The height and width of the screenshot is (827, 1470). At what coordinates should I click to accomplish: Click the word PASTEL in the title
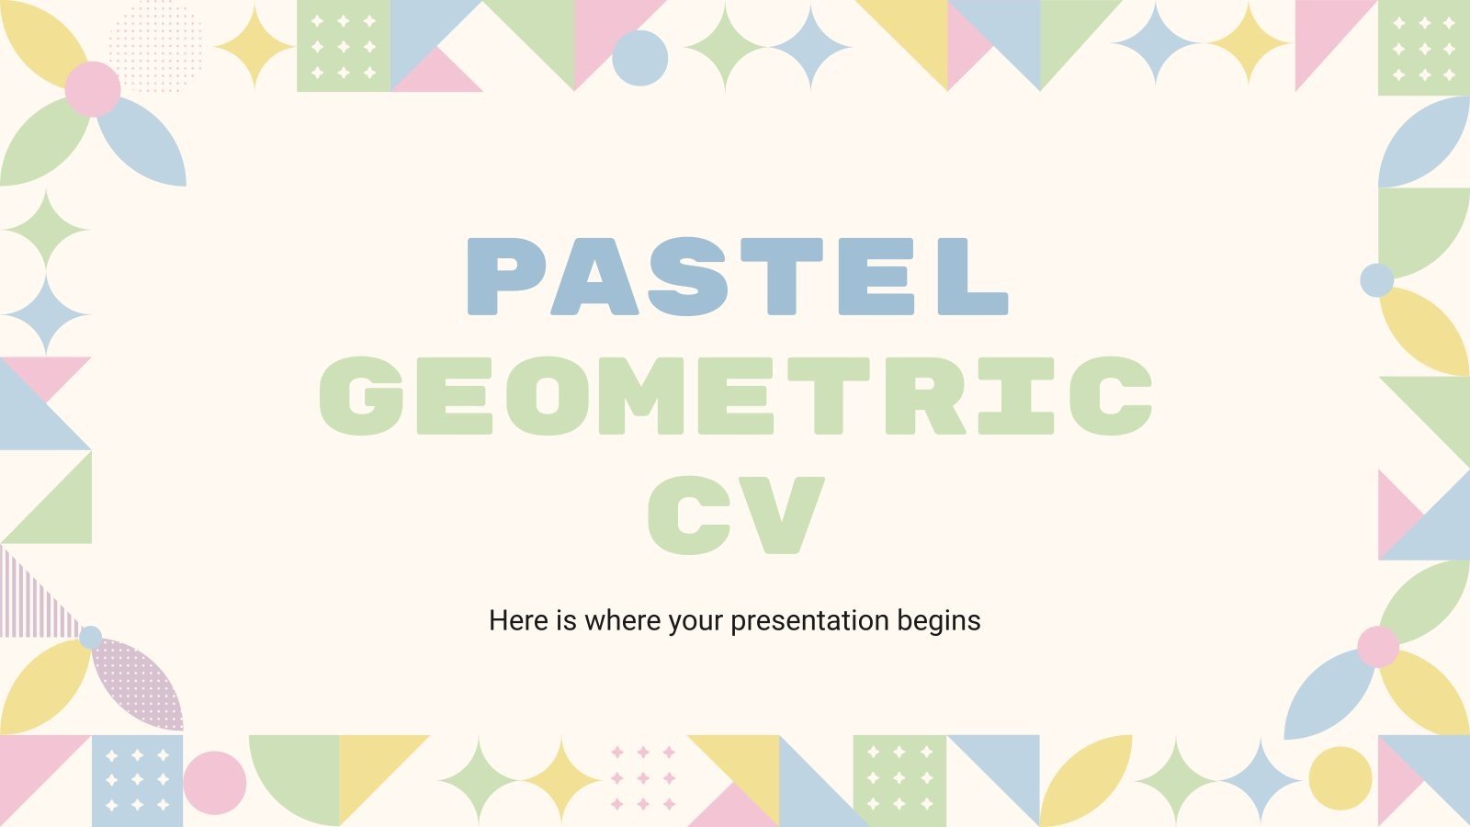[737, 277]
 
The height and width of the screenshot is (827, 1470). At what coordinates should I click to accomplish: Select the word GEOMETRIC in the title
[735, 395]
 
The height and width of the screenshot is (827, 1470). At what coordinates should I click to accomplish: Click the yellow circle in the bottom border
[1340, 778]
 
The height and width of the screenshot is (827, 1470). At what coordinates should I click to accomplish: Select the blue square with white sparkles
[137, 780]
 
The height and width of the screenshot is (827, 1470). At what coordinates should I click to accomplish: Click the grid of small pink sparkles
[643, 778]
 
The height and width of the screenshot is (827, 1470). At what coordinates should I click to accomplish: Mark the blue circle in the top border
[639, 58]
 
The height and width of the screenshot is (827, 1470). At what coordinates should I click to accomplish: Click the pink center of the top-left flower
[93, 89]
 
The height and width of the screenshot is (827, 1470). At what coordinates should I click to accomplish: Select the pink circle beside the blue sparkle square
[215, 783]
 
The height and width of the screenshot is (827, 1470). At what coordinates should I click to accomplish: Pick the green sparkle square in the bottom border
[899, 780]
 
